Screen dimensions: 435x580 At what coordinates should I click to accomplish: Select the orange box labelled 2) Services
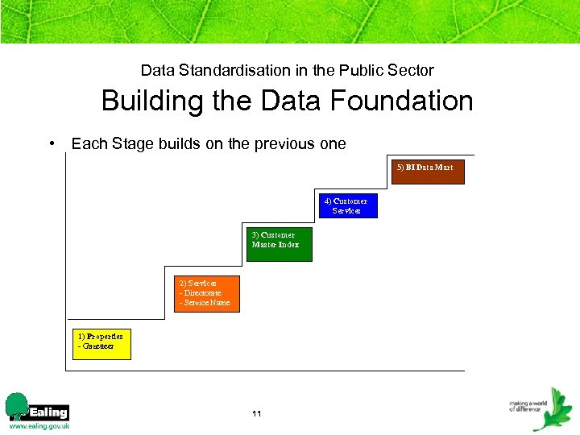pos(207,294)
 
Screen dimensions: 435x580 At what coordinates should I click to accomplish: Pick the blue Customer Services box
pos(346,206)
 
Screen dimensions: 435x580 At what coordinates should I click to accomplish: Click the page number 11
pos(256,413)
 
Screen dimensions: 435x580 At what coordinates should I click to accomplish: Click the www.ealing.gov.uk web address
pos(39,425)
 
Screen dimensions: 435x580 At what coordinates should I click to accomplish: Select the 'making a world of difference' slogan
pos(528,405)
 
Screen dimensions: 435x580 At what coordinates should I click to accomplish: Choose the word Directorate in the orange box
pos(202,293)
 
